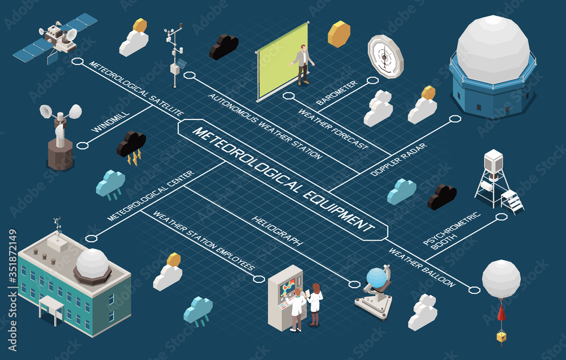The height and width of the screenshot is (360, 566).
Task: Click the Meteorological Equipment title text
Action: tap(283, 179)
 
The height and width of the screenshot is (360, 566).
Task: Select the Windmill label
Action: tap(110, 122)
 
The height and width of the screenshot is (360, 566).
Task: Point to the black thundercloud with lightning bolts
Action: tap(131, 147)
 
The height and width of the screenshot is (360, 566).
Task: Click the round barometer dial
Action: tap(385, 56)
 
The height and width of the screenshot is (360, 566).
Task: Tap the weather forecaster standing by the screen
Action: tap(303, 64)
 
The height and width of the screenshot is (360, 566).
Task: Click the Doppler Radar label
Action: tap(398, 160)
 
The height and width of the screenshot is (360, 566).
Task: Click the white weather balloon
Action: tap(501, 279)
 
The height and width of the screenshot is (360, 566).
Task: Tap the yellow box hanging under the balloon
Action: tap(501, 336)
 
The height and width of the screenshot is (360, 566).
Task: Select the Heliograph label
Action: tap(277, 230)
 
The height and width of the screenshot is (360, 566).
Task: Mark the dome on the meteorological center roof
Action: tap(92, 264)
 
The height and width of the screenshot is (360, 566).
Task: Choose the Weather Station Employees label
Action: tap(204, 241)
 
